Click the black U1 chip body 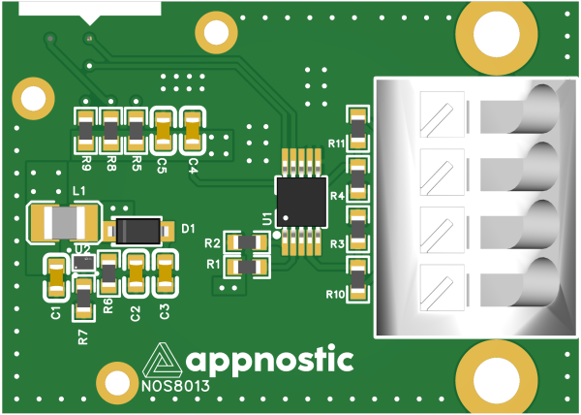pos(302,202)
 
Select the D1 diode pos(138,231)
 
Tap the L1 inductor pos(65,222)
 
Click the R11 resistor pos(358,129)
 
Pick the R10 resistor pos(358,279)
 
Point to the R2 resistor pos(247,242)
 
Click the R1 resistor pos(247,267)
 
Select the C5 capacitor pos(164,131)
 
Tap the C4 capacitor pos(193,131)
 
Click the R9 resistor pos(85,131)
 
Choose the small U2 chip pos(83,263)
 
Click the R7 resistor pos(83,299)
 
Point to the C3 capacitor pos(166,274)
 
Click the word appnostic pos(269,360)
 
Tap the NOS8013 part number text pos(175,386)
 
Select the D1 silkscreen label pos(188,229)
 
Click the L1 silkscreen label pos(79,191)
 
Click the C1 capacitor pos(57,277)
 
